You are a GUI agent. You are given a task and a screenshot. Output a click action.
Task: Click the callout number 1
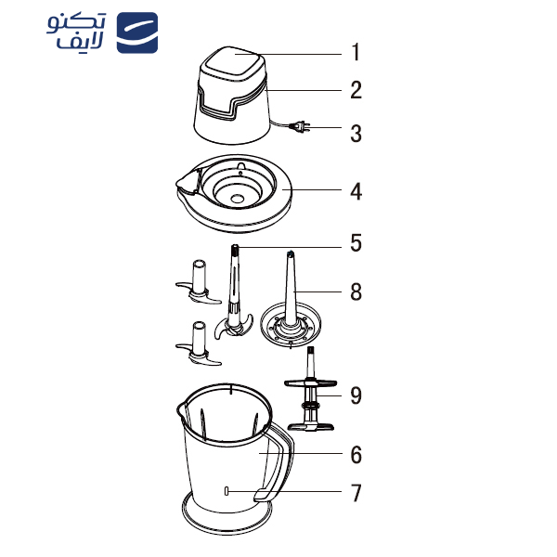point(355,53)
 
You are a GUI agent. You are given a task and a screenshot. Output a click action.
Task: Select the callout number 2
point(355,91)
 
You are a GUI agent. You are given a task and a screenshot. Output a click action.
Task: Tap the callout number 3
point(355,133)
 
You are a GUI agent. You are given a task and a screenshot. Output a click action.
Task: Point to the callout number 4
point(355,192)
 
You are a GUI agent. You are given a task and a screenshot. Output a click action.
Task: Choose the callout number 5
point(355,245)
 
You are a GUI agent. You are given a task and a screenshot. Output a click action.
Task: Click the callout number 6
point(355,455)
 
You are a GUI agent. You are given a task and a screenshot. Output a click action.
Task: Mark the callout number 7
point(355,493)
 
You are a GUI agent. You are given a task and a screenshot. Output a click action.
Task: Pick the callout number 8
point(355,292)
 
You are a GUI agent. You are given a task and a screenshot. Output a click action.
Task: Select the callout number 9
point(355,395)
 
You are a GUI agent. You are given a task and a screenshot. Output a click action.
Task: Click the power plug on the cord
point(303,127)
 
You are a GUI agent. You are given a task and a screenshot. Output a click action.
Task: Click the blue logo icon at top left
point(137,33)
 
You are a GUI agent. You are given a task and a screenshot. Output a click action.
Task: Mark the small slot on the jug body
point(227,491)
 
